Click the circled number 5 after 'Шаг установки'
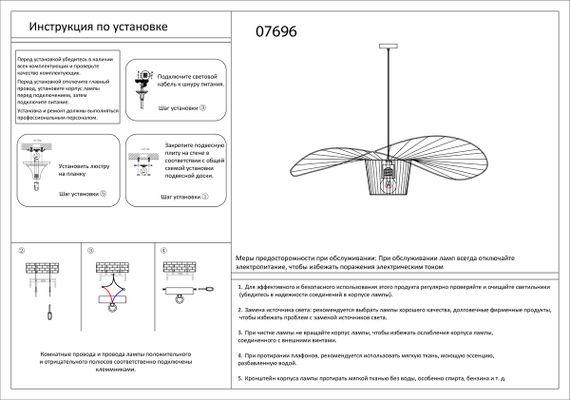pyautogui.click(x=102, y=194)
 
